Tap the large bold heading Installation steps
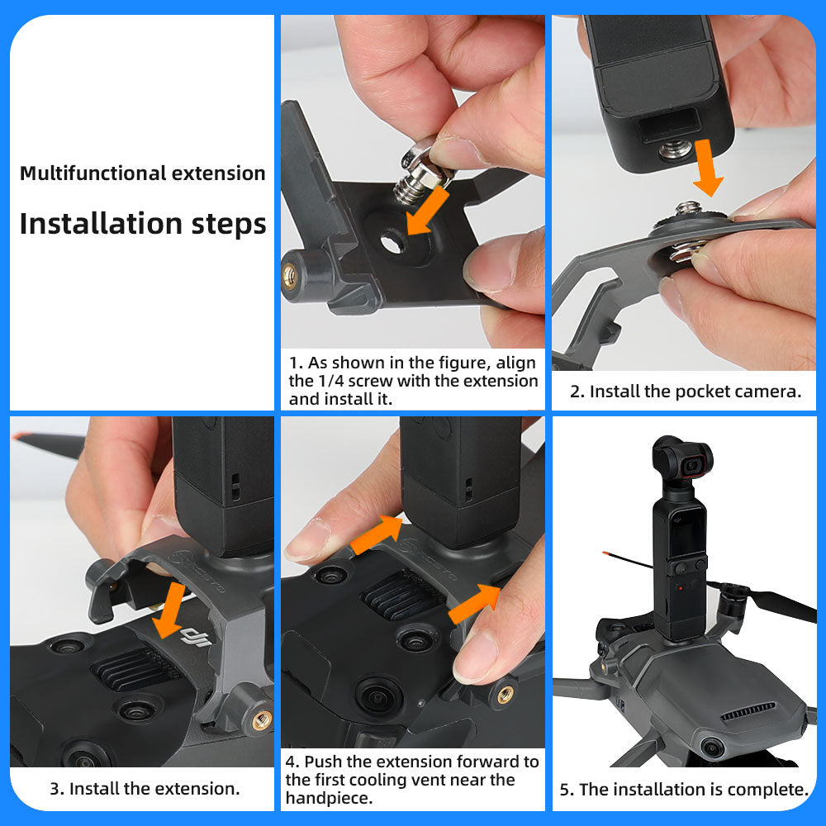coord(143,224)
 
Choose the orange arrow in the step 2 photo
coord(708,169)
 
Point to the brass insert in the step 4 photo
coord(505,695)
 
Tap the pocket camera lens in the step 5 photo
coord(692,465)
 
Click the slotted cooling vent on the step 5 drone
coord(748,711)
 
